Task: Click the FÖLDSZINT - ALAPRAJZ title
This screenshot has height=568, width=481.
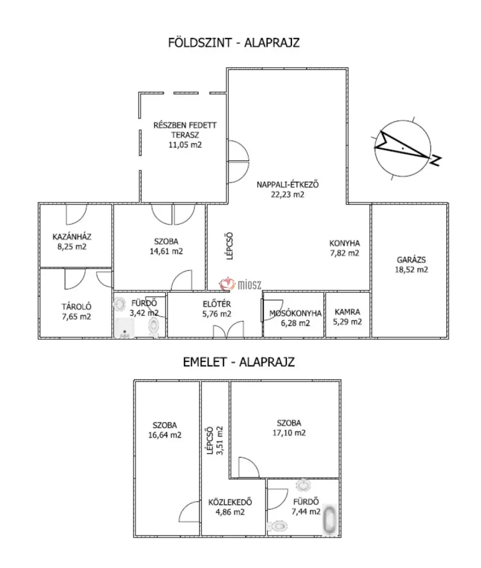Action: click(234, 43)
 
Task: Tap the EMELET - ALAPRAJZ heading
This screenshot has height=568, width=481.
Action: click(239, 362)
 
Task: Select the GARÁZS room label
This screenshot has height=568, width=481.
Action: click(411, 260)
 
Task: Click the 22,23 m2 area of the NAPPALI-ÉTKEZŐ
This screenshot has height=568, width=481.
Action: click(288, 195)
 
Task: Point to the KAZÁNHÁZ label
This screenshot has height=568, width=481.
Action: click(72, 237)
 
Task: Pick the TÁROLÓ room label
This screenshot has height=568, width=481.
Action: click(76, 306)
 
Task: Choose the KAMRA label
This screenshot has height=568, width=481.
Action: click(347, 312)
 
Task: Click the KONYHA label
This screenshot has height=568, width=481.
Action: click(344, 243)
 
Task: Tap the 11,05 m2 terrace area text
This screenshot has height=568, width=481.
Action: click(185, 145)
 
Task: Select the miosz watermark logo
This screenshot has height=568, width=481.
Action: click(240, 284)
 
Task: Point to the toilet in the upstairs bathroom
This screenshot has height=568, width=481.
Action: click(278, 525)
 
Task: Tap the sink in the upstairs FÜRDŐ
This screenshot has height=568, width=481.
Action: click(303, 485)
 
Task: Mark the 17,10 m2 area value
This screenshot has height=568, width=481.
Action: click(289, 433)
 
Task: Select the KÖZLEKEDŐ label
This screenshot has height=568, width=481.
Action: click(230, 502)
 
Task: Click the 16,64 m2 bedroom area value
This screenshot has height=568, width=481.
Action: click(165, 435)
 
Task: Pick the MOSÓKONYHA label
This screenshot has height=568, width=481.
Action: click(295, 313)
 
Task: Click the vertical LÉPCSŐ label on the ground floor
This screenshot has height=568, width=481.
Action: click(229, 246)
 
